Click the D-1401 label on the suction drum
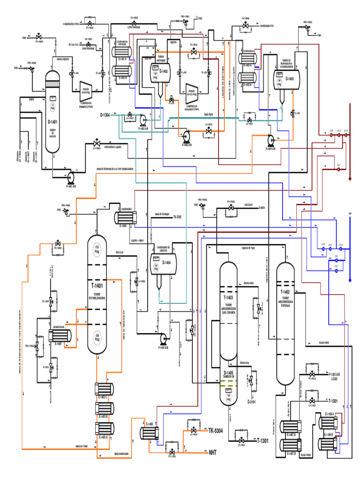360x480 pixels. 52,121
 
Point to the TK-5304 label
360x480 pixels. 215,430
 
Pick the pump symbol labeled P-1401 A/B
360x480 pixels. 71,176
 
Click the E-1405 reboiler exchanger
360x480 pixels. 61,336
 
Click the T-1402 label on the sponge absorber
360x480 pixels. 285,291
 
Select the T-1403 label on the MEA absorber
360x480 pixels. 228,298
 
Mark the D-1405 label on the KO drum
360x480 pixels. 228,373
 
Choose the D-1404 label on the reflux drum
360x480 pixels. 166,262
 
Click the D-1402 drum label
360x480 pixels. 164,71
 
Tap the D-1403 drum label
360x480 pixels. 291,79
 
